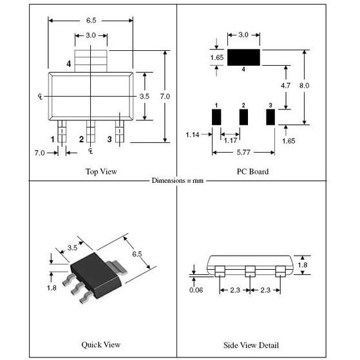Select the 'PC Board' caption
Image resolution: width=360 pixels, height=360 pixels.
[x=252, y=172]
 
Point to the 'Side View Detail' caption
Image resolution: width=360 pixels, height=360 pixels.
[x=252, y=345]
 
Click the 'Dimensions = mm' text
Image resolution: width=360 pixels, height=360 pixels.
[x=177, y=181]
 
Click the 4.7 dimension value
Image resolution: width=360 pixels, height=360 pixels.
[x=287, y=85]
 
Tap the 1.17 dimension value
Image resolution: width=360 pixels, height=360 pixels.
[x=231, y=140]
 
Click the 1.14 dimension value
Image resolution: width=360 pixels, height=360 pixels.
[x=192, y=135]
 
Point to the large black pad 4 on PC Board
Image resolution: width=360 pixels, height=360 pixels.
[x=242, y=57]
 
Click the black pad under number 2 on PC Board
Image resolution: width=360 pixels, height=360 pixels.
[x=244, y=117]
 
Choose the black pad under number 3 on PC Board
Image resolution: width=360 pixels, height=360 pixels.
[x=270, y=117]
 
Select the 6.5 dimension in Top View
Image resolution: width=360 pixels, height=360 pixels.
[x=90, y=20]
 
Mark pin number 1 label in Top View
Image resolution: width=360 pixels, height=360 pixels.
[x=53, y=138]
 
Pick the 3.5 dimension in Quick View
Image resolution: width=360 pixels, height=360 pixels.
[x=72, y=247]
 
